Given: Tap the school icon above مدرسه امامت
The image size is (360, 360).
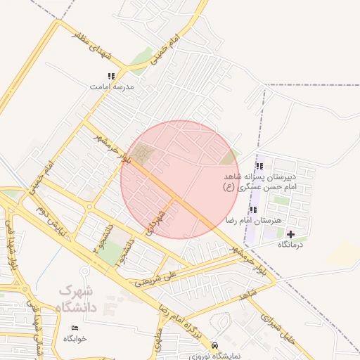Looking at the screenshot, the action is (110, 76).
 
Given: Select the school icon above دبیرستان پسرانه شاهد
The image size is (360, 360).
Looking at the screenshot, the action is (259, 167).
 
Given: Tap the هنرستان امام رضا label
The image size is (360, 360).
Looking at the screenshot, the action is (251, 221).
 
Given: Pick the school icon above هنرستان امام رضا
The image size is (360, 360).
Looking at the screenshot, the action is (253, 210).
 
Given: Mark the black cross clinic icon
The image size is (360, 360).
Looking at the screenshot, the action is (291, 233).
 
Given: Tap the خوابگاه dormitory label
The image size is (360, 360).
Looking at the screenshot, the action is (75, 339).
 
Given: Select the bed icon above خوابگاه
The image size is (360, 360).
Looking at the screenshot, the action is (75, 328).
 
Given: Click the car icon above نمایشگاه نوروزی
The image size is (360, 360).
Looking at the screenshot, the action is (214, 346).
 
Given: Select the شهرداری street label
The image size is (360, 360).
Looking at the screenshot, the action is (157, 221).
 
